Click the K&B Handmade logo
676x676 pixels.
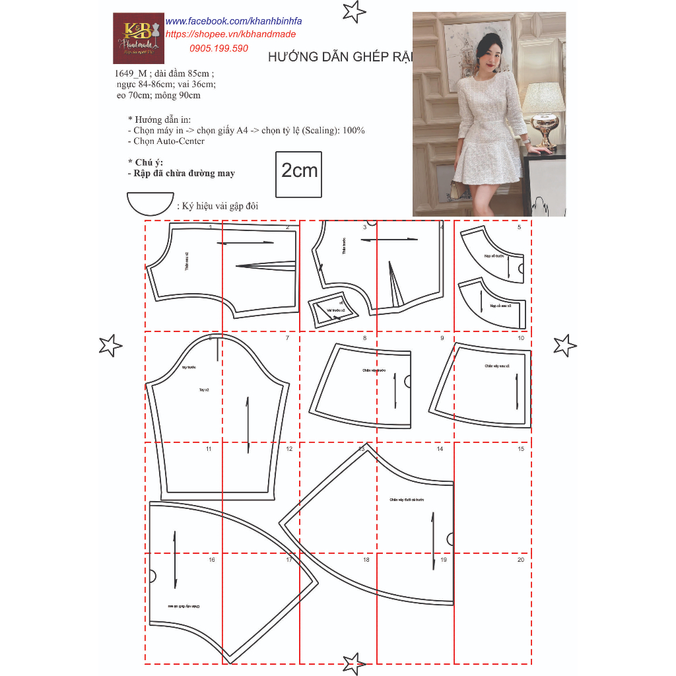tap(138, 38)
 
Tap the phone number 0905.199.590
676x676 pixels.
tap(219, 48)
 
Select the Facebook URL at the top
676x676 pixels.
tap(233, 22)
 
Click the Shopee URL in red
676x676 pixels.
tap(230, 34)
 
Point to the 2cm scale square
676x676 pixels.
tap(299, 174)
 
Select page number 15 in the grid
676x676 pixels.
tap(521, 449)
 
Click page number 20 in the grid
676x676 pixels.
tap(521, 560)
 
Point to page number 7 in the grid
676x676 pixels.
tap(287, 338)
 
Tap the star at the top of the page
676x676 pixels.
tap(355, 11)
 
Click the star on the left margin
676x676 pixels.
tap(110, 345)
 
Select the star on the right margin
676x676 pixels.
tap(564, 345)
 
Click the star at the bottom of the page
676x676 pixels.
tap(354, 663)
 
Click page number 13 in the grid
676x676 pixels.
tap(361, 449)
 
